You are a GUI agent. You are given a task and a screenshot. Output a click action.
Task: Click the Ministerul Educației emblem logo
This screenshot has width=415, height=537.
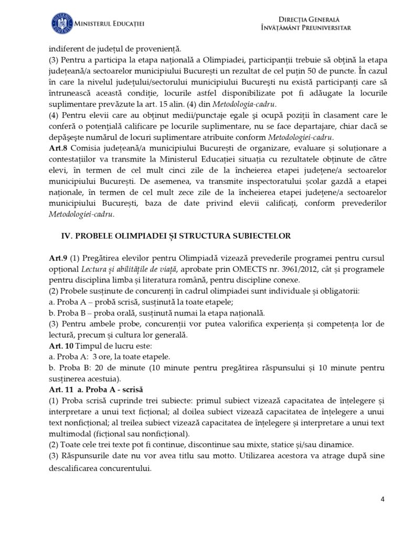[x=62, y=24]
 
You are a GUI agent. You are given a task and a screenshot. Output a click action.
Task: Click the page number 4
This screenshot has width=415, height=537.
[x=382, y=499]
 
